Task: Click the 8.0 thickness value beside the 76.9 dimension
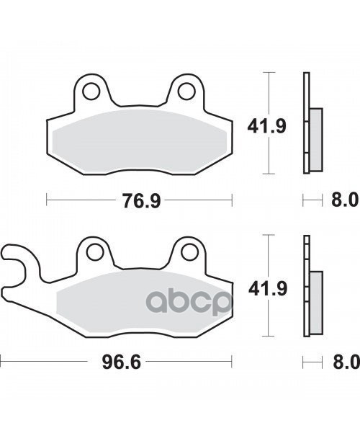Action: [x=343, y=200]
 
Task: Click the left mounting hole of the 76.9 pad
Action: [x=92, y=92]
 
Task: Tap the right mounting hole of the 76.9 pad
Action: [x=186, y=92]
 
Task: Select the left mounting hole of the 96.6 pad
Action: [x=92, y=251]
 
